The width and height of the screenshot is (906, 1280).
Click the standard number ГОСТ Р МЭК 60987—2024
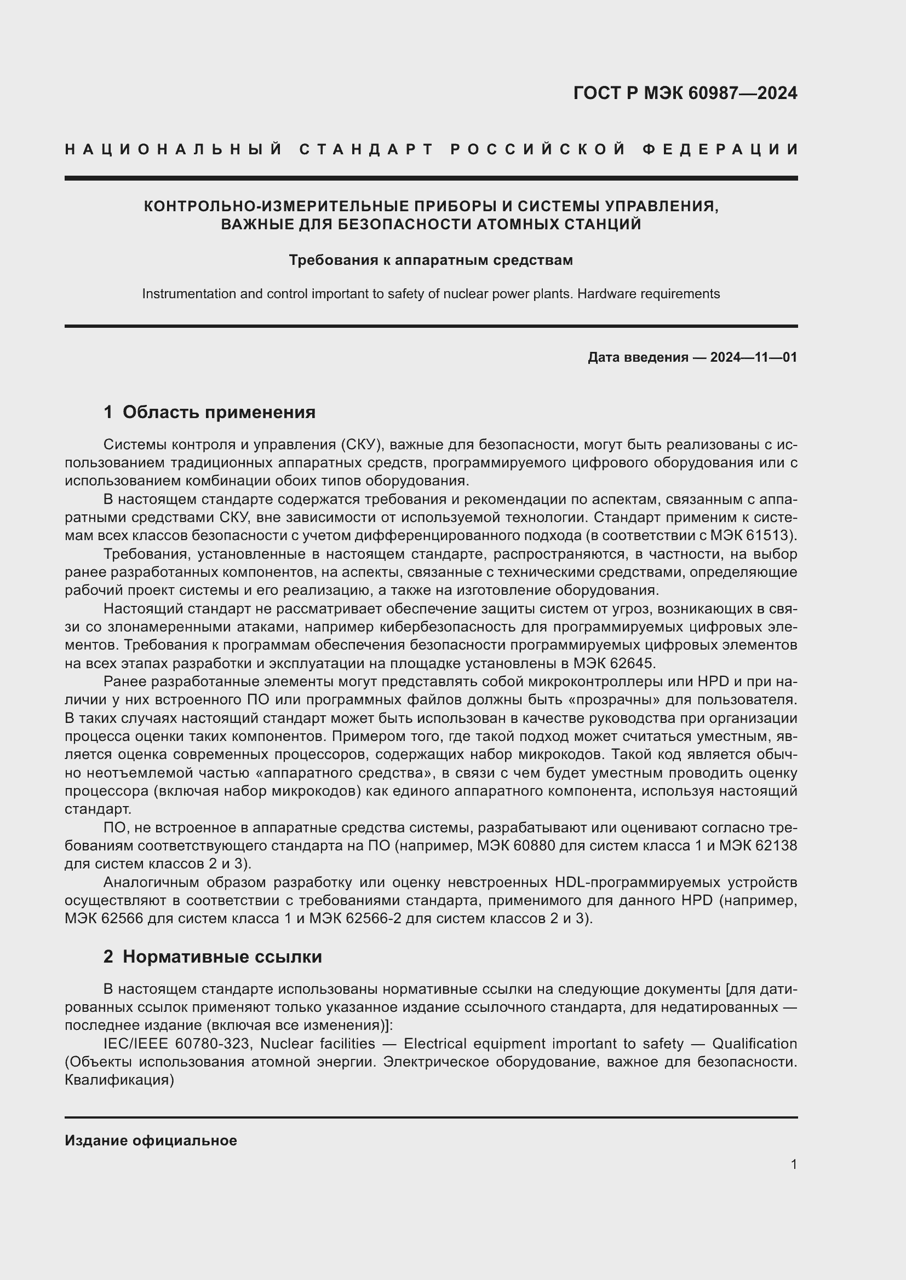coord(685,93)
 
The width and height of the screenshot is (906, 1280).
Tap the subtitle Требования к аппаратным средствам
coord(431,260)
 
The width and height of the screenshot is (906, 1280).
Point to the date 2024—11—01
coord(753,357)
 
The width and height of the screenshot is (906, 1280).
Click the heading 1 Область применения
coord(209,412)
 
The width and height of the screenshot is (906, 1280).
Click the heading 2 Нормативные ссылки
coord(213,957)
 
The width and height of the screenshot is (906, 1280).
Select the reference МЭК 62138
coord(758,845)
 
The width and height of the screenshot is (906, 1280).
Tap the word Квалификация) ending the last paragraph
coord(119,1080)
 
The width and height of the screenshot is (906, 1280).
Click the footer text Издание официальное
coord(151,1140)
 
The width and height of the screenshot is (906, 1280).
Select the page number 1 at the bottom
coord(793,1164)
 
